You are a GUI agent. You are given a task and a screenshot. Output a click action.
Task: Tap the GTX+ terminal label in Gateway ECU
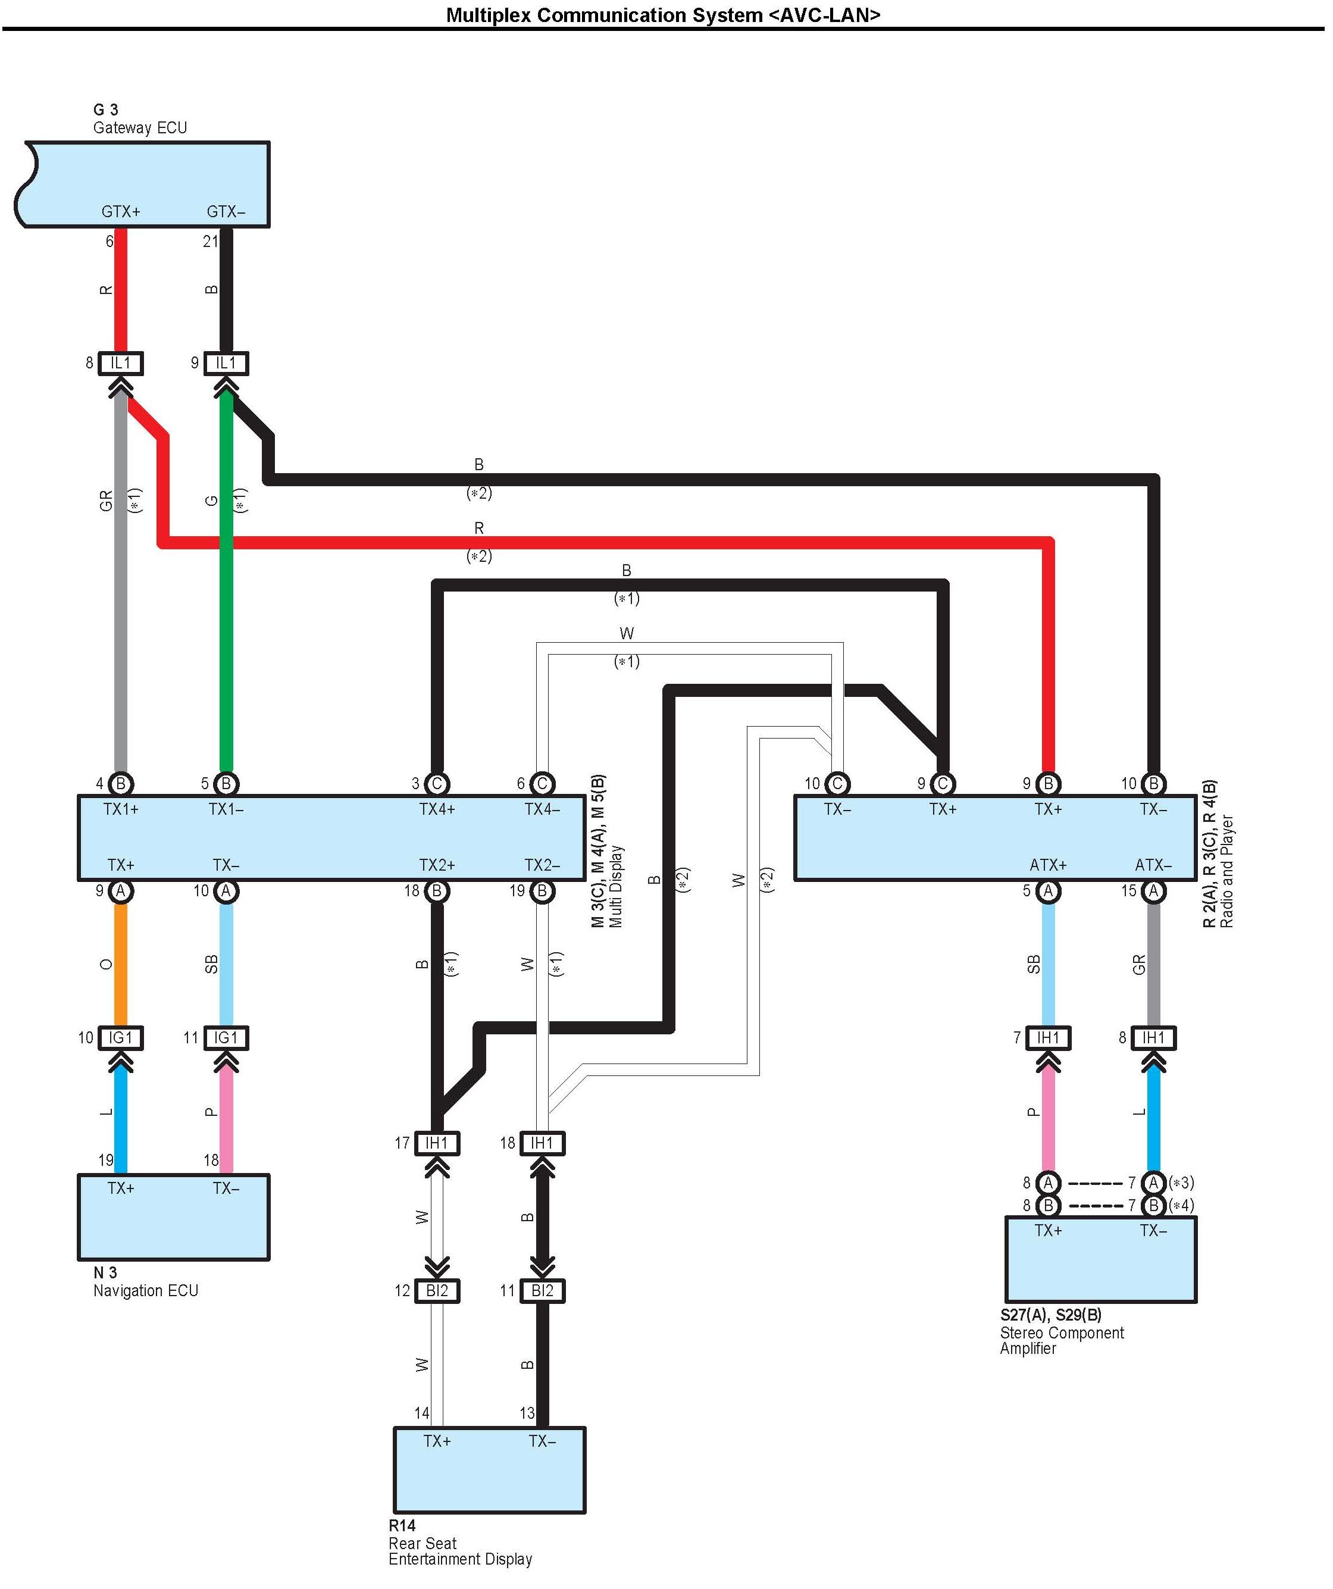click(121, 212)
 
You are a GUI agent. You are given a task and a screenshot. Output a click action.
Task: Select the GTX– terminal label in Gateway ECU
click(226, 212)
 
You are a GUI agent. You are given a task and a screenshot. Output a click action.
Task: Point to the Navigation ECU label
click(145, 1291)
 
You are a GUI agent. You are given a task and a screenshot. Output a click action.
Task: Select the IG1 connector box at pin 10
click(121, 1037)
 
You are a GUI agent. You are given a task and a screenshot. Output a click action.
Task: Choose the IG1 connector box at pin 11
click(226, 1037)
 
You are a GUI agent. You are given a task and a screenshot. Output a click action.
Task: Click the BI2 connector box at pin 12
click(437, 1291)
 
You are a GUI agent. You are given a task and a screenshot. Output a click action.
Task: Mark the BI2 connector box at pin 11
click(543, 1291)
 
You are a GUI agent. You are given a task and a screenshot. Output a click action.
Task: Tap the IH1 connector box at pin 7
click(1048, 1037)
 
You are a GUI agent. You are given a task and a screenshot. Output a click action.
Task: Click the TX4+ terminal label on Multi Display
click(437, 809)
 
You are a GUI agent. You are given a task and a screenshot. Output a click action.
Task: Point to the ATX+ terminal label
click(1048, 865)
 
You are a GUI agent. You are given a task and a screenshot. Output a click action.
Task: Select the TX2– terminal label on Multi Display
click(543, 865)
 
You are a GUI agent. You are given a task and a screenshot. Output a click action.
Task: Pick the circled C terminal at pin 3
click(437, 784)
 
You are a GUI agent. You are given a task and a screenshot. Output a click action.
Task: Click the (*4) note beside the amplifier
click(1182, 1205)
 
